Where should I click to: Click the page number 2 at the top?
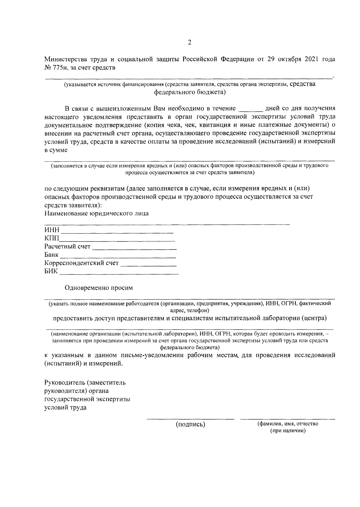189,42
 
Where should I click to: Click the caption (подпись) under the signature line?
190,424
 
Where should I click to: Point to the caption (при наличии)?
288,431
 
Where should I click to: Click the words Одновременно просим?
99,288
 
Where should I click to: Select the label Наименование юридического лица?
96,213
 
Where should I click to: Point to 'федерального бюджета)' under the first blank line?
190,92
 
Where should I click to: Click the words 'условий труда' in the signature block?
65,408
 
